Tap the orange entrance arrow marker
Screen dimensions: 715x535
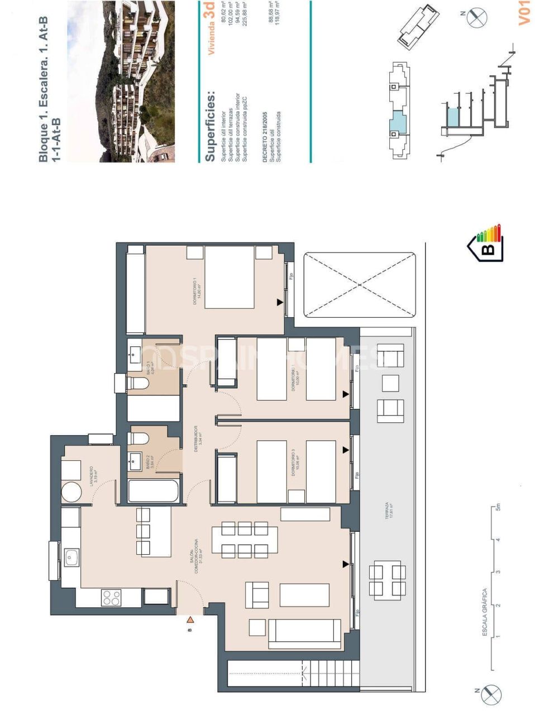click(190, 619)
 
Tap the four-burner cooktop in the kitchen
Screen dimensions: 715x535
click(111, 598)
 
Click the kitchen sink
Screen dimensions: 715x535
click(71, 557)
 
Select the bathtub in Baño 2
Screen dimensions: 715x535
click(154, 491)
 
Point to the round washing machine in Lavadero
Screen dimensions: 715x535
click(72, 492)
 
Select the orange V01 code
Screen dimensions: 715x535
click(523, 13)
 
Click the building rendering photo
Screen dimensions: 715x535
click(121, 82)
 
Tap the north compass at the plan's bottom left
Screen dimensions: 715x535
click(490, 693)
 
